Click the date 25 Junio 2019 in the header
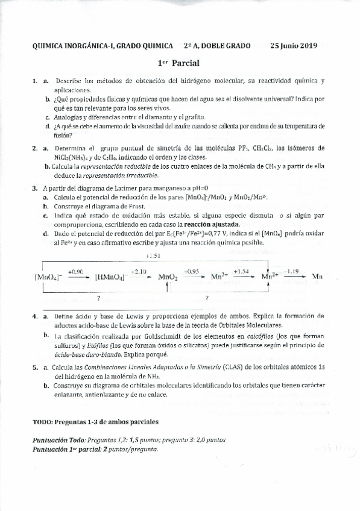tap(293, 46)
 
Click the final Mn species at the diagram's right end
tap(318, 277)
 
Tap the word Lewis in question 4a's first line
tap(126, 316)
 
